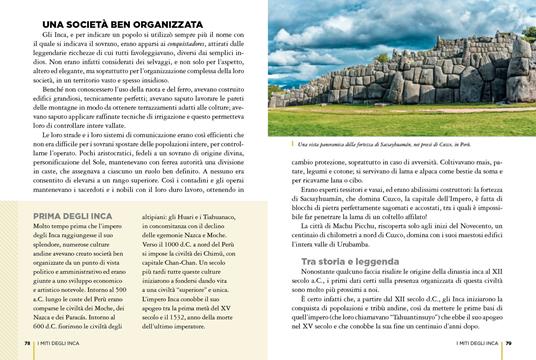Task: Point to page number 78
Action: [x=28, y=346]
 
